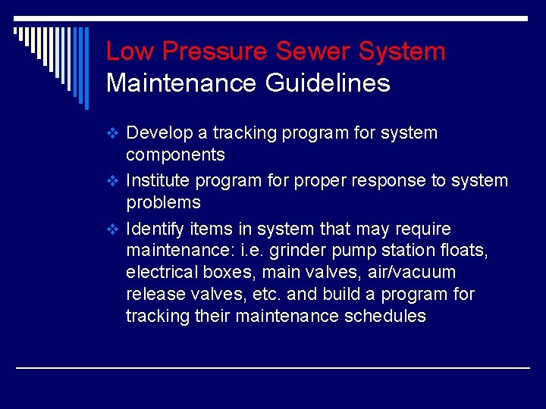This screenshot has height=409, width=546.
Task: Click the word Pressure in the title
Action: [x=215, y=52]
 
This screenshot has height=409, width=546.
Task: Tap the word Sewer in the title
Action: [x=313, y=52]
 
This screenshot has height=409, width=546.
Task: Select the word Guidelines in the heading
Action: [x=328, y=83]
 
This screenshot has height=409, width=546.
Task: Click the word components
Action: [x=175, y=155]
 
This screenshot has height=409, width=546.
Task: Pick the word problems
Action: [x=163, y=202]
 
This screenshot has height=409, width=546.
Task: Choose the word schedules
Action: [x=386, y=316]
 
